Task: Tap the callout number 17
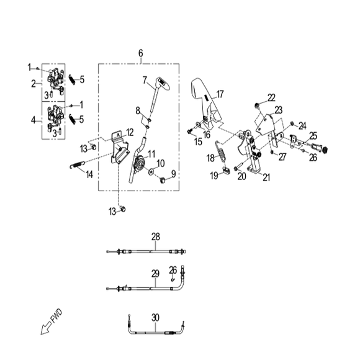[219, 94]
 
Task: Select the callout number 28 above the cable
[155, 236]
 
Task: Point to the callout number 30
[155, 317]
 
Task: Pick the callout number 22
[271, 97]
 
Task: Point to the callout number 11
[151, 153]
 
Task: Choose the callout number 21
[267, 178]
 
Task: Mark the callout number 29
[155, 272]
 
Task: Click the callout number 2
[34, 83]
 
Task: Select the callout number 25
[313, 135]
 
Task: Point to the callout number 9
[174, 173]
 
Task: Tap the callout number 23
[278, 109]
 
